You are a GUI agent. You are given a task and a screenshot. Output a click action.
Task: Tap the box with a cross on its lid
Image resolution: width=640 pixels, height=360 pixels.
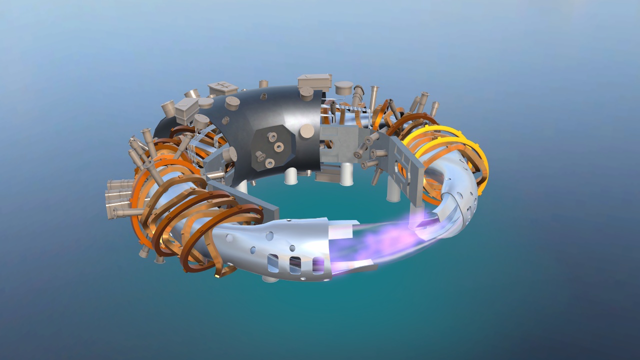[223, 88]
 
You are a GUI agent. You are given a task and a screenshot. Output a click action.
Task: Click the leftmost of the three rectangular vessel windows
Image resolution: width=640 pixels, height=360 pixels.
[273, 262]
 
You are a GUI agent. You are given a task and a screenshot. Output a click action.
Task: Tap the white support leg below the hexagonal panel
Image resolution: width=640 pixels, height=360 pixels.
[290, 176]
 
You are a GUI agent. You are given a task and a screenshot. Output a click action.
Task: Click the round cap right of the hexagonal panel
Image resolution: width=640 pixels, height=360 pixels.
[307, 131]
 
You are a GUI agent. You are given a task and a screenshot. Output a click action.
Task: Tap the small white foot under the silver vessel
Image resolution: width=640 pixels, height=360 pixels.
[270, 278]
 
